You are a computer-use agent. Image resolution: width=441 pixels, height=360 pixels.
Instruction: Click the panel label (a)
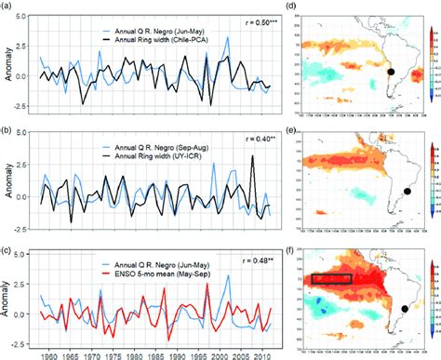[x=8, y=7]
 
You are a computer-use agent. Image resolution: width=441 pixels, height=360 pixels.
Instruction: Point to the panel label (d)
[x=293, y=7]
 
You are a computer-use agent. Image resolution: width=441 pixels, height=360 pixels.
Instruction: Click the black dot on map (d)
[x=392, y=72]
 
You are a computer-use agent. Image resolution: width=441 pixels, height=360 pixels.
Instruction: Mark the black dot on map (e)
[x=407, y=192]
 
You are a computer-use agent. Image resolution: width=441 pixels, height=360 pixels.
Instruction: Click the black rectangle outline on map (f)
[x=332, y=277]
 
